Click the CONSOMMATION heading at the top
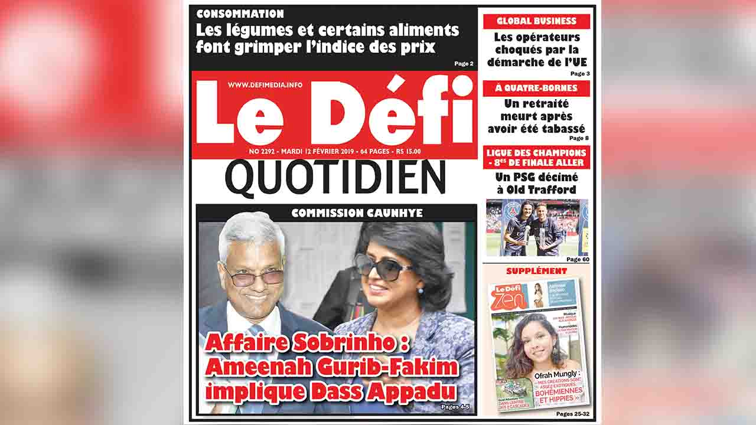tap(240, 14)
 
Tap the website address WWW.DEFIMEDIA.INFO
tap(265, 85)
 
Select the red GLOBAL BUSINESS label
tap(536, 21)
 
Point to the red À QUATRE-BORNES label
tap(536, 89)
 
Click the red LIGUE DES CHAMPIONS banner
tap(536, 157)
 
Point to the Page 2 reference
tap(464, 64)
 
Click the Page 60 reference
tap(577, 259)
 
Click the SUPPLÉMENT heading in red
tap(536, 271)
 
